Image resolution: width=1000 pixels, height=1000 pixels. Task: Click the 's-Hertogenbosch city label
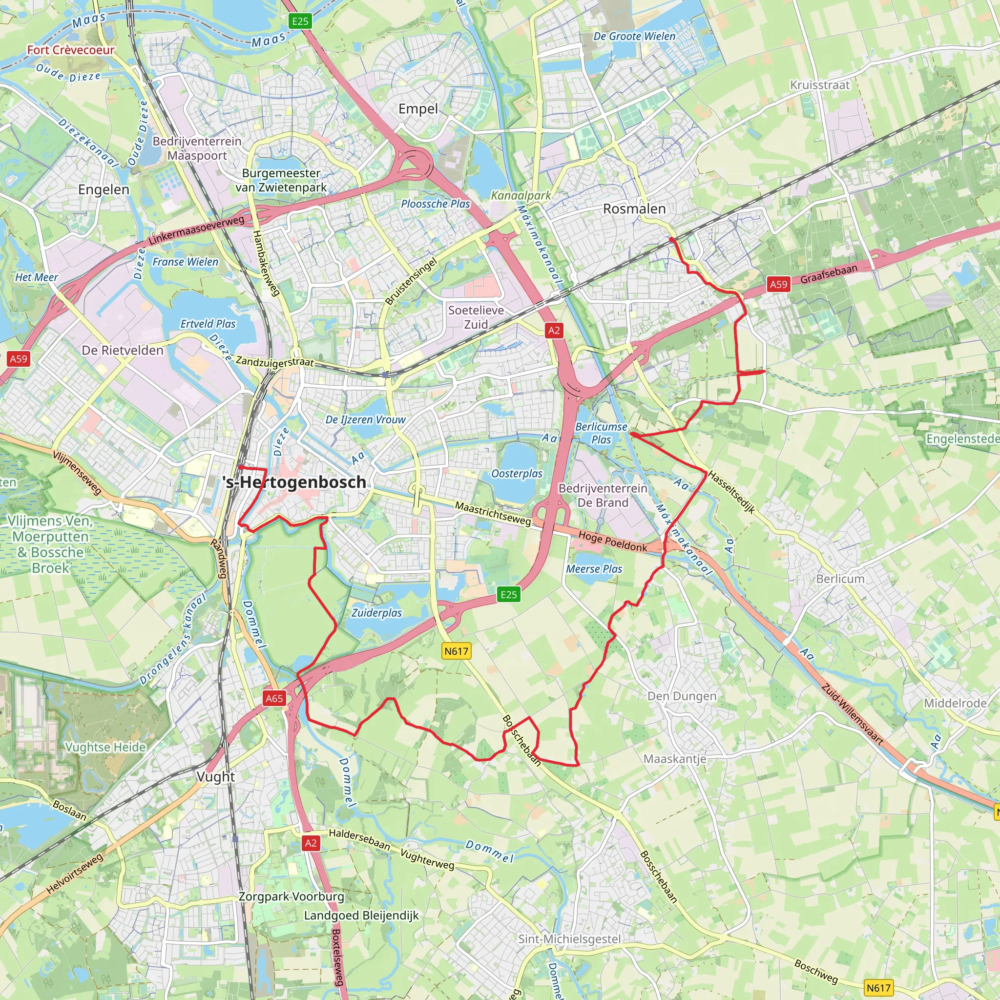click(x=294, y=482)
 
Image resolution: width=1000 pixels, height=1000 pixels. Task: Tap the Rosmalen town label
click(x=634, y=209)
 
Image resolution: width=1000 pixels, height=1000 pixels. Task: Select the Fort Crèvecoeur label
click(x=71, y=50)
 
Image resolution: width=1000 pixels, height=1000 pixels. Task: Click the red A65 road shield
click(x=274, y=698)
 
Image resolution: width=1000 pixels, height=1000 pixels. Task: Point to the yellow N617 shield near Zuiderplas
click(x=457, y=651)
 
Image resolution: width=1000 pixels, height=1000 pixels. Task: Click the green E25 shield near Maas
click(x=300, y=21)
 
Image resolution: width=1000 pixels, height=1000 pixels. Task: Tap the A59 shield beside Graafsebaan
click(x=778, y=284)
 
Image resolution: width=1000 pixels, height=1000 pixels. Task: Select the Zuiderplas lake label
click(x=377, y=613)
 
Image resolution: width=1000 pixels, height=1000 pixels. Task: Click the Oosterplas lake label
click(x=517, y=474)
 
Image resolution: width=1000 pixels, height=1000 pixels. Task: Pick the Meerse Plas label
click(x=594, y=569)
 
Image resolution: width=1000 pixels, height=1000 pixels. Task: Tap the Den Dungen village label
click(x=682, y=696)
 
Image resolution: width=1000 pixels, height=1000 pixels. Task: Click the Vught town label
click(x=216, y=777)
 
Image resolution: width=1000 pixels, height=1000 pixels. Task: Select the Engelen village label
click(x=104, y=189)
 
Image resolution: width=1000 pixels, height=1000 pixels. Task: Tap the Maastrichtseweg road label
click(x=493, y=514)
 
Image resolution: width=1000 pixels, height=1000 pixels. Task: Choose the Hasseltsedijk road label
click(x=731, y=492)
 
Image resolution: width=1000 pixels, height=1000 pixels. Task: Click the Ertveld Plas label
click(x=208, y=324)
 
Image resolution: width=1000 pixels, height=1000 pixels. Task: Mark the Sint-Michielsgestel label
click(x=569, y=939)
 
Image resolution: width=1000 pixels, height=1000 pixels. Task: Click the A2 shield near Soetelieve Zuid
click(x=554, y=330)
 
